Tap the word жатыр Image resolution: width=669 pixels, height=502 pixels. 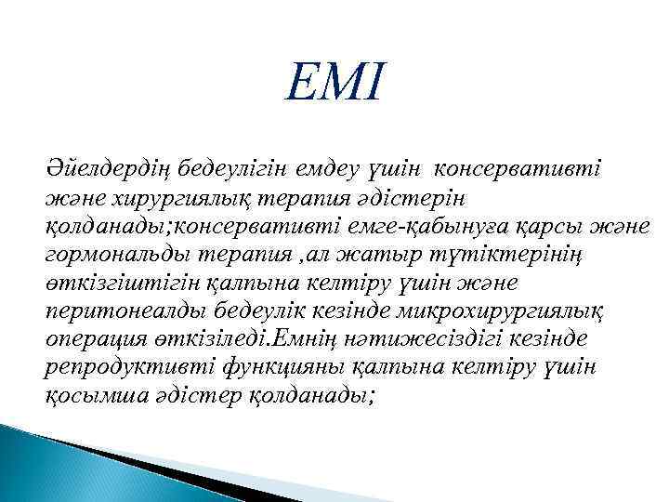[386, 255]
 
